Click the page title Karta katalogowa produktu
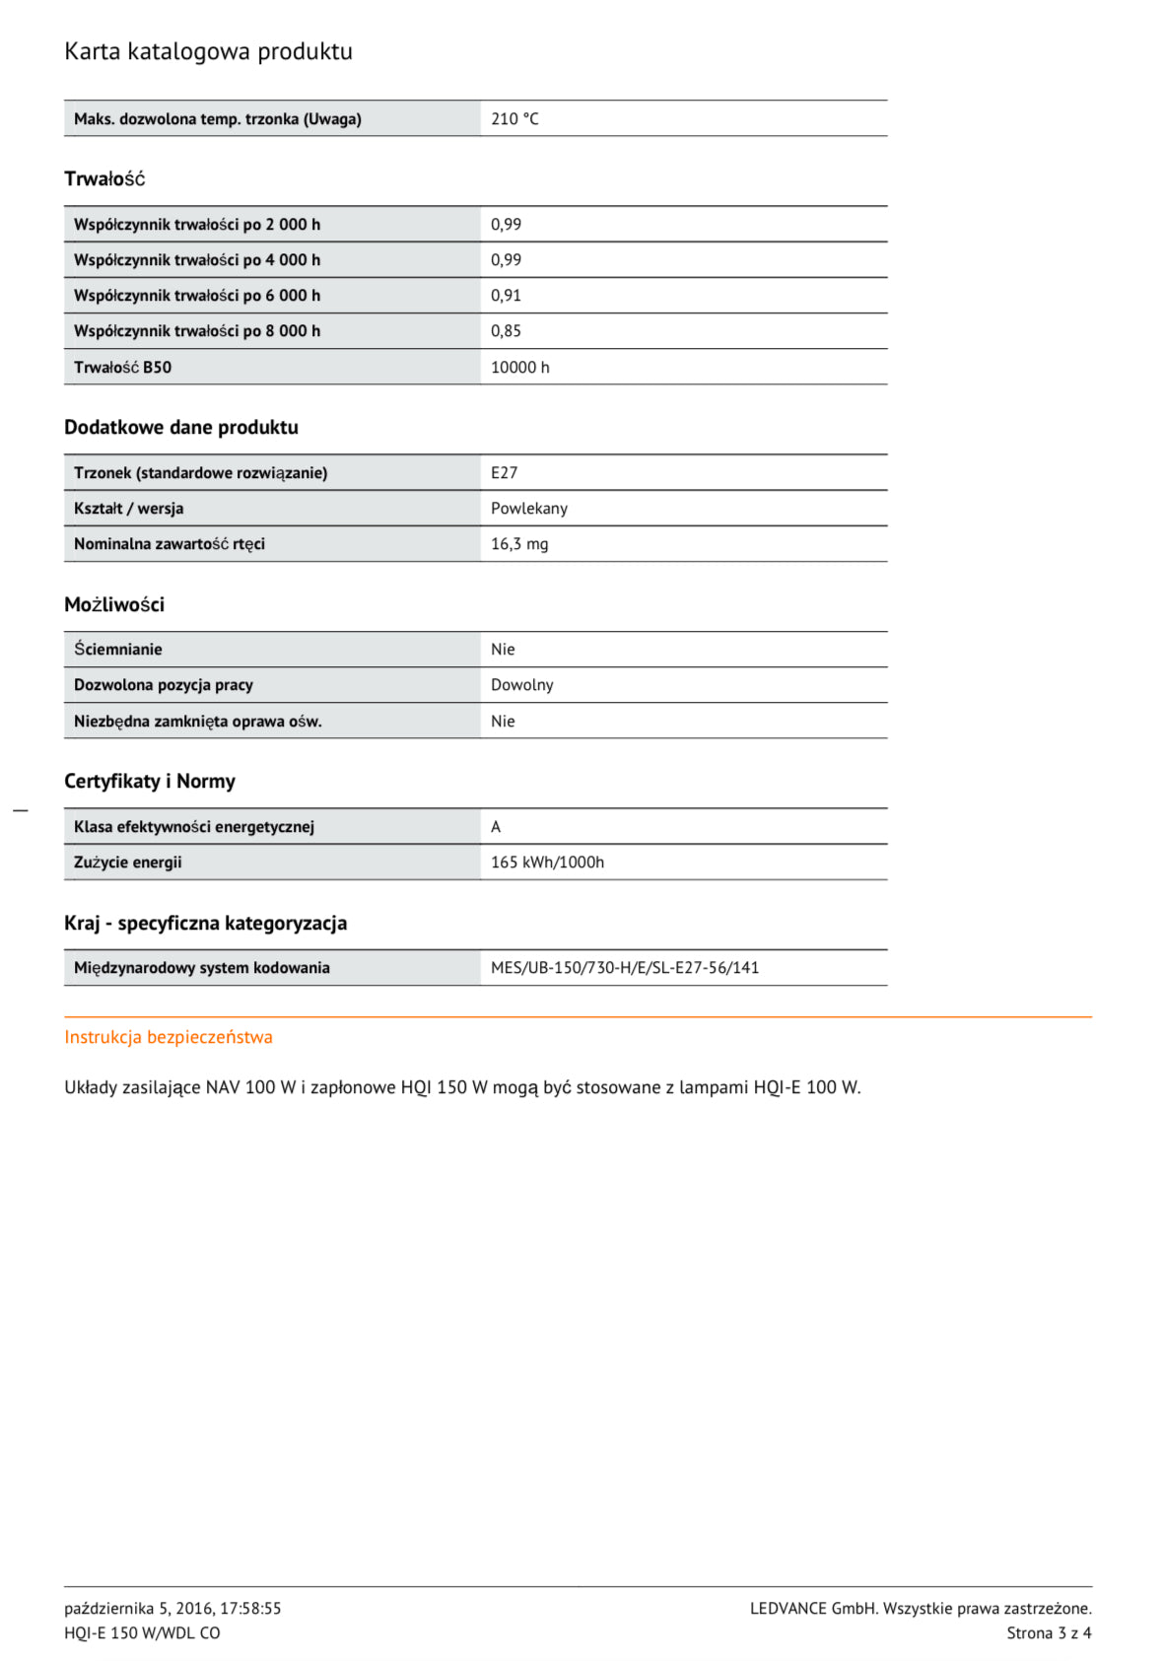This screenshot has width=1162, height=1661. click(208, 51)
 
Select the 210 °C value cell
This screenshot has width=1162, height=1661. click(514, 119)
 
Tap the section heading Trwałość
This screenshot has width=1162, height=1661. click(104, 179)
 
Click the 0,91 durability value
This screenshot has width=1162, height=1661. click(506, 296)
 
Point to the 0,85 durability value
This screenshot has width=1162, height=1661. click(506, 331)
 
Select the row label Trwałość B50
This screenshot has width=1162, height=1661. click(122, 368)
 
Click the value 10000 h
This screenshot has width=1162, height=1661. click(519, 368)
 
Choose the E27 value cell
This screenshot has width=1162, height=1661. click(504, 473)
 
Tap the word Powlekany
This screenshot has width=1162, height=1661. click(528, 509)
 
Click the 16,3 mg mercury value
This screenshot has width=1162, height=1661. click(519, 544)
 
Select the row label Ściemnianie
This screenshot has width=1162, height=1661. click(117, 650)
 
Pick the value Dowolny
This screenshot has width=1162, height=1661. click(521, 685)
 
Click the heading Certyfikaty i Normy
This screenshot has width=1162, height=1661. click(150, 782)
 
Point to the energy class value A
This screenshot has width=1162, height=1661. click(496, 827)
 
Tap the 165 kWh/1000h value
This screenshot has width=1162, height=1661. click(547, 863)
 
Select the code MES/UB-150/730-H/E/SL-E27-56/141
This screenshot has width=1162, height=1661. click(625, 968)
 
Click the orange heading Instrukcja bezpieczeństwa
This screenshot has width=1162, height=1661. click(169, 1037)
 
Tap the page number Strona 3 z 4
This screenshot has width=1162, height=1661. click(1049, 1633)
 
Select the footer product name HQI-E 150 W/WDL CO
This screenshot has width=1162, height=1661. click(142, 1633)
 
